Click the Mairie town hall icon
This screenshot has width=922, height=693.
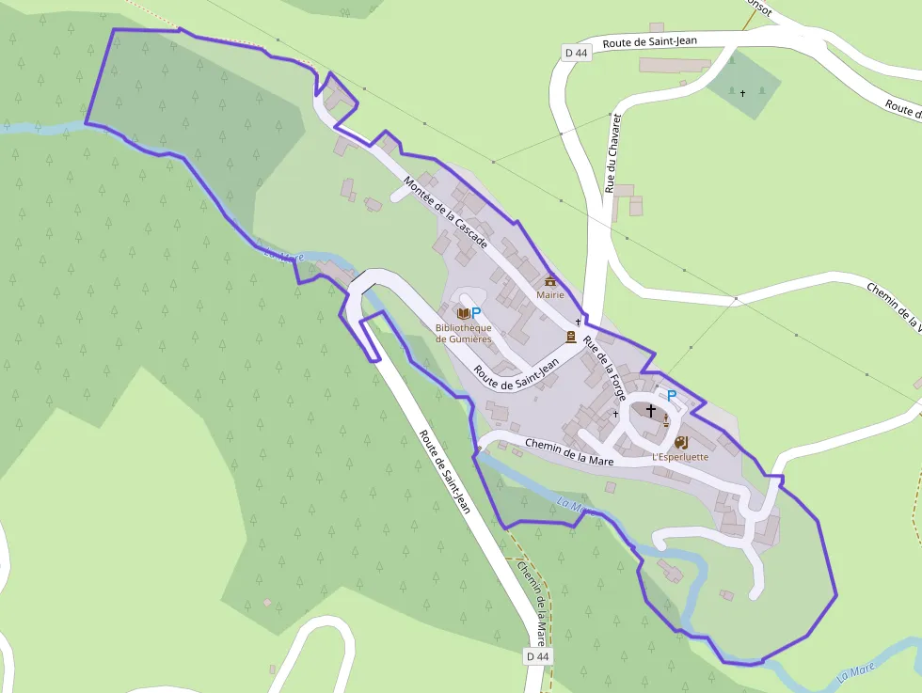(550, 281)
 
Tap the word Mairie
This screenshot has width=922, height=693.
(550, 294)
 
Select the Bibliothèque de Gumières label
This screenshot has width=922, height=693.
(463, 333)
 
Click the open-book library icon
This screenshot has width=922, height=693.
(462, 312)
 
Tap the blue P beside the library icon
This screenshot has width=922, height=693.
(476, 312)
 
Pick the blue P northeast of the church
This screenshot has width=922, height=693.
(672, 396)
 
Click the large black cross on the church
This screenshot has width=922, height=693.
(650, 410)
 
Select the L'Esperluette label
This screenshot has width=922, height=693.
(680, 457)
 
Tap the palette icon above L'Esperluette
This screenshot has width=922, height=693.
(680, 441)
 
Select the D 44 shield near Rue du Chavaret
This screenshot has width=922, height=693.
(577, 54)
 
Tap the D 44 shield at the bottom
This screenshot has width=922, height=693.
(537, 655)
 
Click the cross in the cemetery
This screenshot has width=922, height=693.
(742, 93)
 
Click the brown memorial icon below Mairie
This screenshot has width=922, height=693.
(570, 337)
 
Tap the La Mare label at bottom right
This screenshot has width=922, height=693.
(856, 671)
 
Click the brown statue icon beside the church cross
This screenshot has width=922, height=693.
(666, 419)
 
